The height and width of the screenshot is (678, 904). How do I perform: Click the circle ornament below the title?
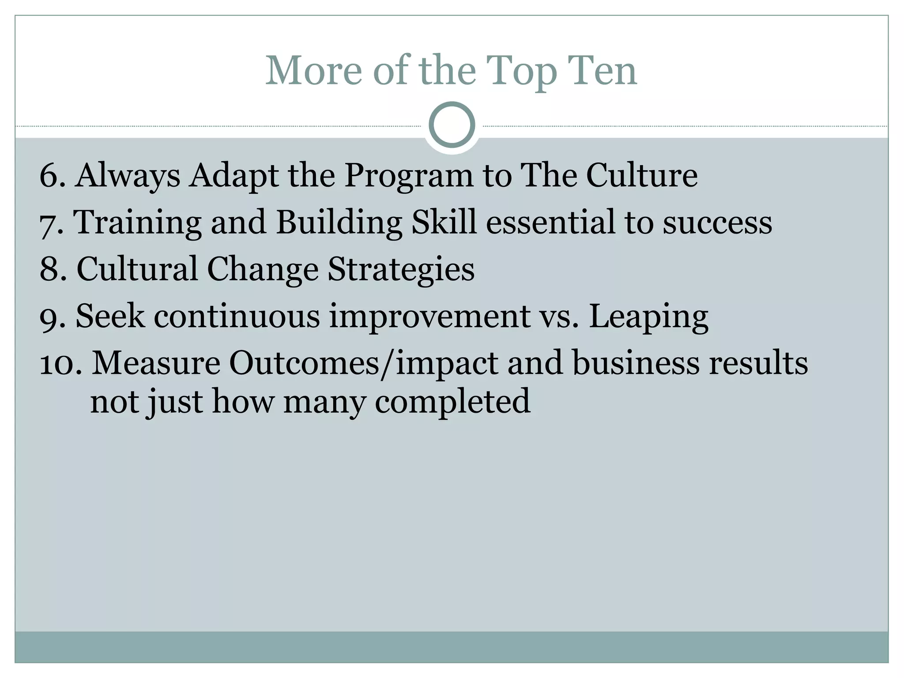(x=452, y=125)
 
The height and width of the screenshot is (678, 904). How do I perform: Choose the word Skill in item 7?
(x=444, y=222)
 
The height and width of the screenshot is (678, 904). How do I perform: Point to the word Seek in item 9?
(x=110, y=316)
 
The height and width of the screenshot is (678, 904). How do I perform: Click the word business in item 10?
(x=635, y=364)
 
